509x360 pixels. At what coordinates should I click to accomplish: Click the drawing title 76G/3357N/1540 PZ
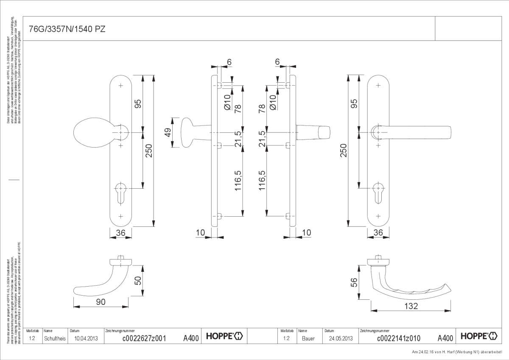67,29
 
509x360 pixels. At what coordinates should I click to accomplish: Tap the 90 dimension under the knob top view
101,301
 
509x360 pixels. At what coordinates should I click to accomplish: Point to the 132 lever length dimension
411,306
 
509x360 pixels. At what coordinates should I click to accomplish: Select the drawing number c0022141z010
398,338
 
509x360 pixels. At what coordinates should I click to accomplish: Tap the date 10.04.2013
86,338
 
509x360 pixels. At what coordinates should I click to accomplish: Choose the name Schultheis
55,338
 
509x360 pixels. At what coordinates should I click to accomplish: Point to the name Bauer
308,338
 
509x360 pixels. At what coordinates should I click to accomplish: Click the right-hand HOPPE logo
478,337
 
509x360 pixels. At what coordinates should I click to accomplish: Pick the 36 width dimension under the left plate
121,232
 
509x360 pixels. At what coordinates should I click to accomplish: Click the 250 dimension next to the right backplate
344,151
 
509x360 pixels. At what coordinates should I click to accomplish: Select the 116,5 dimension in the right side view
262,181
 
